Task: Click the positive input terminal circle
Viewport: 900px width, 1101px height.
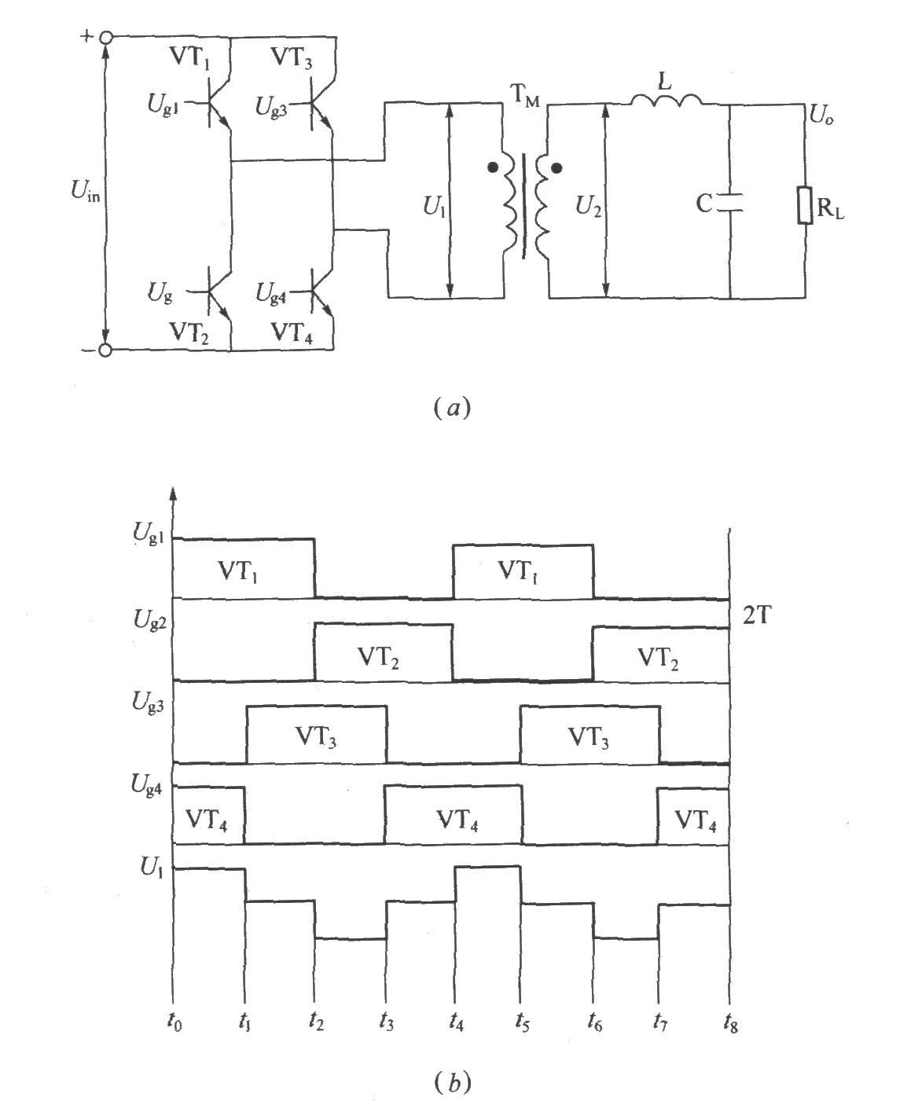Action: pos(105,38)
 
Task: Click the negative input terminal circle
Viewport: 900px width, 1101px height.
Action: pos(105,350)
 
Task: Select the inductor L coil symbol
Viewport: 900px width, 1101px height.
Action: pos(666,101)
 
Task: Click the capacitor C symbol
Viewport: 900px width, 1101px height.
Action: pos(729,203)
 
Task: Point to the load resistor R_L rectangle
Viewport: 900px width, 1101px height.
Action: pos(804,205)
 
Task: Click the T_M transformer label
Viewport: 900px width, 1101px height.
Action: pos(524,96)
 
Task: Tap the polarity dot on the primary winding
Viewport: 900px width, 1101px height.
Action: pos(492,167)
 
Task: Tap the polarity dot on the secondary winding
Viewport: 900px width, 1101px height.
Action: pos(557,168)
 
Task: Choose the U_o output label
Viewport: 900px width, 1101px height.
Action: pos(821,115)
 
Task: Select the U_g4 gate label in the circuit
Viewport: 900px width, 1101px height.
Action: pos(270,293)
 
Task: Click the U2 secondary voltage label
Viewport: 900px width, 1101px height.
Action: pos(588,207)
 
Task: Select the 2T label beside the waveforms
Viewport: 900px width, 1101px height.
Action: pos(756,616)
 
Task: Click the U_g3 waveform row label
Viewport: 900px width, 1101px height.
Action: pos(148,702)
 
